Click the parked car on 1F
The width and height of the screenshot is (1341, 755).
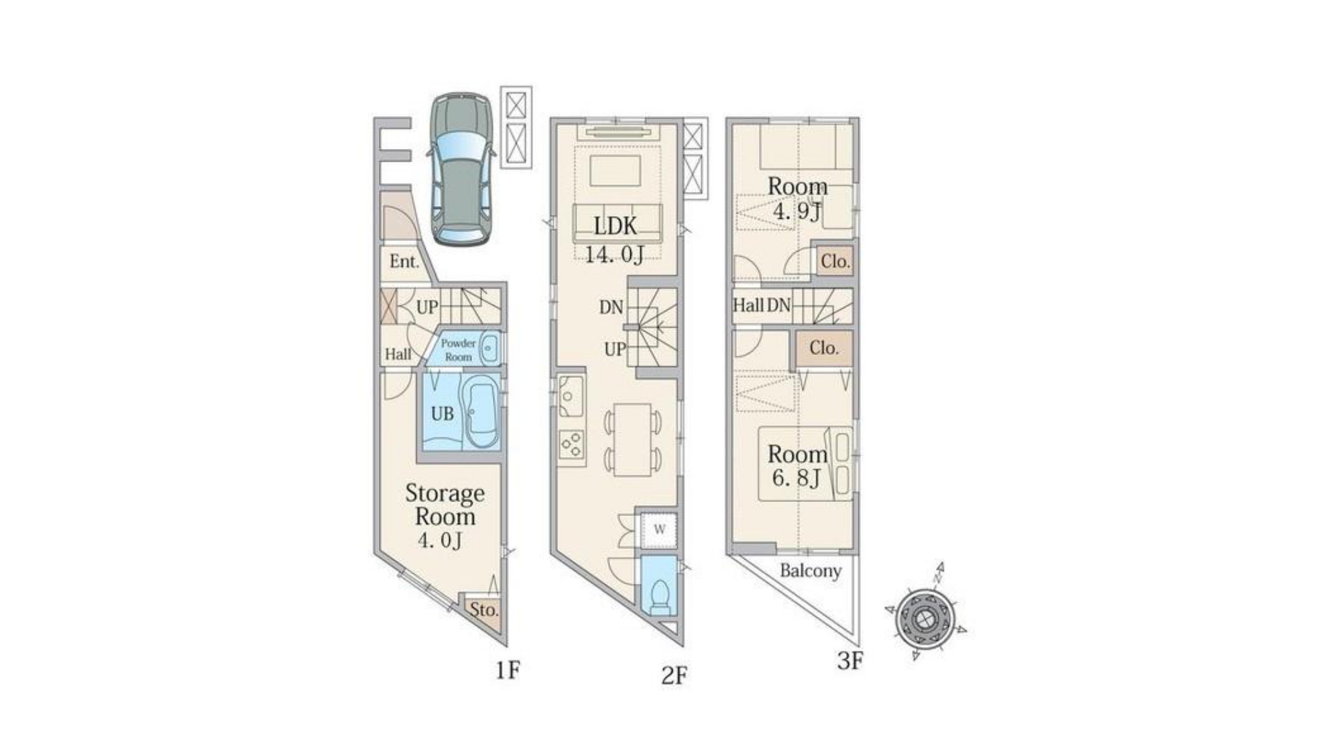coord(461,168)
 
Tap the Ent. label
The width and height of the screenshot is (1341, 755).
coord(404,261)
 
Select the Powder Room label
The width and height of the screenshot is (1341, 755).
coord(459,350)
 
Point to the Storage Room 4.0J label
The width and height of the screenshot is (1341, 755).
coord(445,516)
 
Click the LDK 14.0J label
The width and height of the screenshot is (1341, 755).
coord(616,240)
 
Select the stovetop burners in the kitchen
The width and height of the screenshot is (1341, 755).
coord(572,444)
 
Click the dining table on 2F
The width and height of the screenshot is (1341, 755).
coord(632,440)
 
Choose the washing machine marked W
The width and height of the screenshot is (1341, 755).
coord(659,530)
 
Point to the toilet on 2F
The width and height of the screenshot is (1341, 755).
coord(660,593)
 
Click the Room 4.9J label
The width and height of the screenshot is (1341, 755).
coord(797,199)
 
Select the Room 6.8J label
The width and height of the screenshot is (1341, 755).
coord(797,466)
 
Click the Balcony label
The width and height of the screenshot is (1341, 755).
coord(811,571)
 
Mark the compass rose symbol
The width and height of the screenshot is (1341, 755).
coord(925,613)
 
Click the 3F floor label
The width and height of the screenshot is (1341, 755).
coord(850,662)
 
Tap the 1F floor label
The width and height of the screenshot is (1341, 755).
coord(508,669)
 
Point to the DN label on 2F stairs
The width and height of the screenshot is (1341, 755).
coord(611,308)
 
